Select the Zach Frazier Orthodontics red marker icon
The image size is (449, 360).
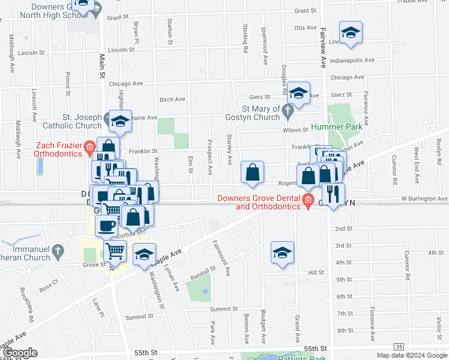click(89, 146)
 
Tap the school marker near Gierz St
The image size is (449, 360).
click(298, 94)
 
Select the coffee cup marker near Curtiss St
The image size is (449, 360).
click(106, 226)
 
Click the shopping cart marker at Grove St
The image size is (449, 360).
click(115, 251)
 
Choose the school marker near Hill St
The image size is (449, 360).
click(282, 253)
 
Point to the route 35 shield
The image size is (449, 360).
click(399, 347)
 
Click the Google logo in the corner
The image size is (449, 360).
click(19, 353)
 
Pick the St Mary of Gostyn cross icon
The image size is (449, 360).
click(288, 110)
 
